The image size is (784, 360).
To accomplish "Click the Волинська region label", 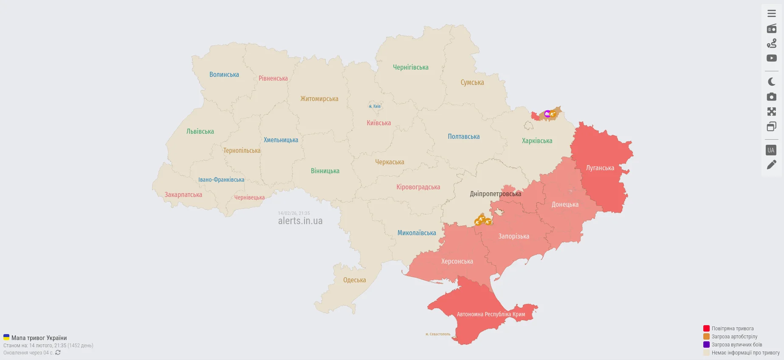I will [x=224, y=75].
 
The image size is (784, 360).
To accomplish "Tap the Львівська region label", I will [x=200, y=132].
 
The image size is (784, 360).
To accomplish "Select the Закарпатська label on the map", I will [x=183, y=195].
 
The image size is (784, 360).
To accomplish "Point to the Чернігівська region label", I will [x=410, y=67].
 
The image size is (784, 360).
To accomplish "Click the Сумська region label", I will [x=472, y=83].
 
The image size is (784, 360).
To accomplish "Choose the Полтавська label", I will [x=463, y=137].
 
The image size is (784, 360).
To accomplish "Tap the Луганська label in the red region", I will [x=600, y=168].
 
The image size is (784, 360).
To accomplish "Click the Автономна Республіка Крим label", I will [x=491, y=315].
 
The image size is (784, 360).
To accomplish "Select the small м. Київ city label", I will [x=375, y=107].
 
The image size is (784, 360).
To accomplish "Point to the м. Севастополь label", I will [x=438, y=334].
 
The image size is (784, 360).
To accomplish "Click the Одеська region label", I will [x=354, y=280].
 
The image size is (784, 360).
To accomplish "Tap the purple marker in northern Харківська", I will [x=547, y=114].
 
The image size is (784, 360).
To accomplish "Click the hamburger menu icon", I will [x=771, y=14].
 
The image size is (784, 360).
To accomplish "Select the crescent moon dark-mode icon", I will [x=771, y=82].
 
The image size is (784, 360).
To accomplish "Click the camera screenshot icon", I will [x=771, y=97].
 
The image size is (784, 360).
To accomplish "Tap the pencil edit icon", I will [x=771, y=165].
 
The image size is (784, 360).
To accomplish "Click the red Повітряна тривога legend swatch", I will [x=706, y=329].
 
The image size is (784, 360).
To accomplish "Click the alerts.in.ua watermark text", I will [x=300, y=221].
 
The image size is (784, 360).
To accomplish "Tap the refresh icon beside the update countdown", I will [x=58, y=353].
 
